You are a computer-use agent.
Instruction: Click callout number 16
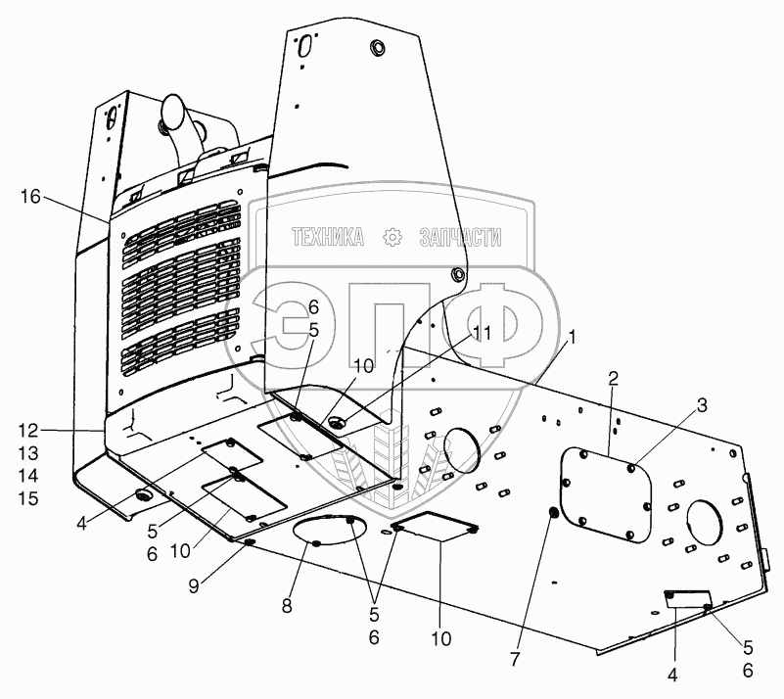click(x=30, y=197)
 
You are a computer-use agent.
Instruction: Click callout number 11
click(x=479, y=332)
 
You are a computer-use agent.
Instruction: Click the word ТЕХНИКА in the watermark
click(x=328, y=237)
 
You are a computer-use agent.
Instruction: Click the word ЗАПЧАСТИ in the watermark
click(x=460, y=237)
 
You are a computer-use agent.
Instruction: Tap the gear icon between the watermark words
click(x=392, y=237)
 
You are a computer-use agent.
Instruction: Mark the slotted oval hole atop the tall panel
click(x=304, y=45)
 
